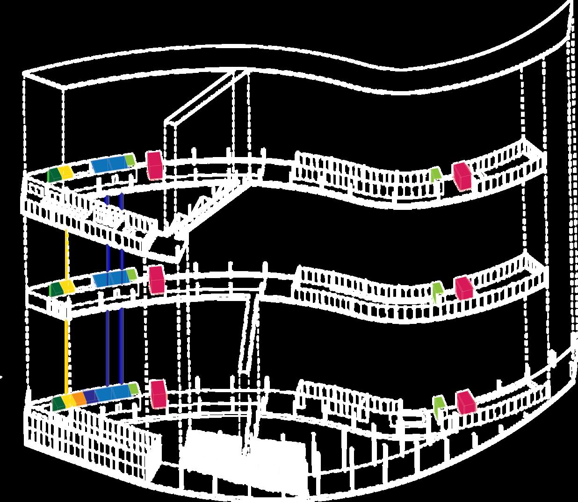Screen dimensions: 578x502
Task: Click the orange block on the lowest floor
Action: (x=79, y=398)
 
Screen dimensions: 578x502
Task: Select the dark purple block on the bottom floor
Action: (x=90, y=395)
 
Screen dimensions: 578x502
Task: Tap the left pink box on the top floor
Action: (x=154, y=165)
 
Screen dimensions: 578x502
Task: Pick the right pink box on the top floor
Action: (x=462, y=176)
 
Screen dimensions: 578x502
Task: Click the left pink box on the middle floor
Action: (x=157, y=280)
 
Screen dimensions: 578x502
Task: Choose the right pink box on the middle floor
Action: (x=464, y=287)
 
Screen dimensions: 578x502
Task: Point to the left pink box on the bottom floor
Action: (x=158, y=393)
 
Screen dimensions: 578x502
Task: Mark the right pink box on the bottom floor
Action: (x=466, y=402)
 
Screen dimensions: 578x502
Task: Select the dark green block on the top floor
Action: (x=54, y=174)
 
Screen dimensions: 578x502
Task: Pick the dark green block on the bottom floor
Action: (x=58, y=403)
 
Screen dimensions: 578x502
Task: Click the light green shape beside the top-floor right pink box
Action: (x=435, y=174)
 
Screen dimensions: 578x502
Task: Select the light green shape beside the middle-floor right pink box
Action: (x=437, y=290)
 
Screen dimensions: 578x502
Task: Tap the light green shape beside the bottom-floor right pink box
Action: (x=439, y=405)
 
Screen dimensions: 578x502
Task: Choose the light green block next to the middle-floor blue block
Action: (x=132, y=274)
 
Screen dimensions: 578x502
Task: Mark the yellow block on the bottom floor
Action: (x=70, y=401)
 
